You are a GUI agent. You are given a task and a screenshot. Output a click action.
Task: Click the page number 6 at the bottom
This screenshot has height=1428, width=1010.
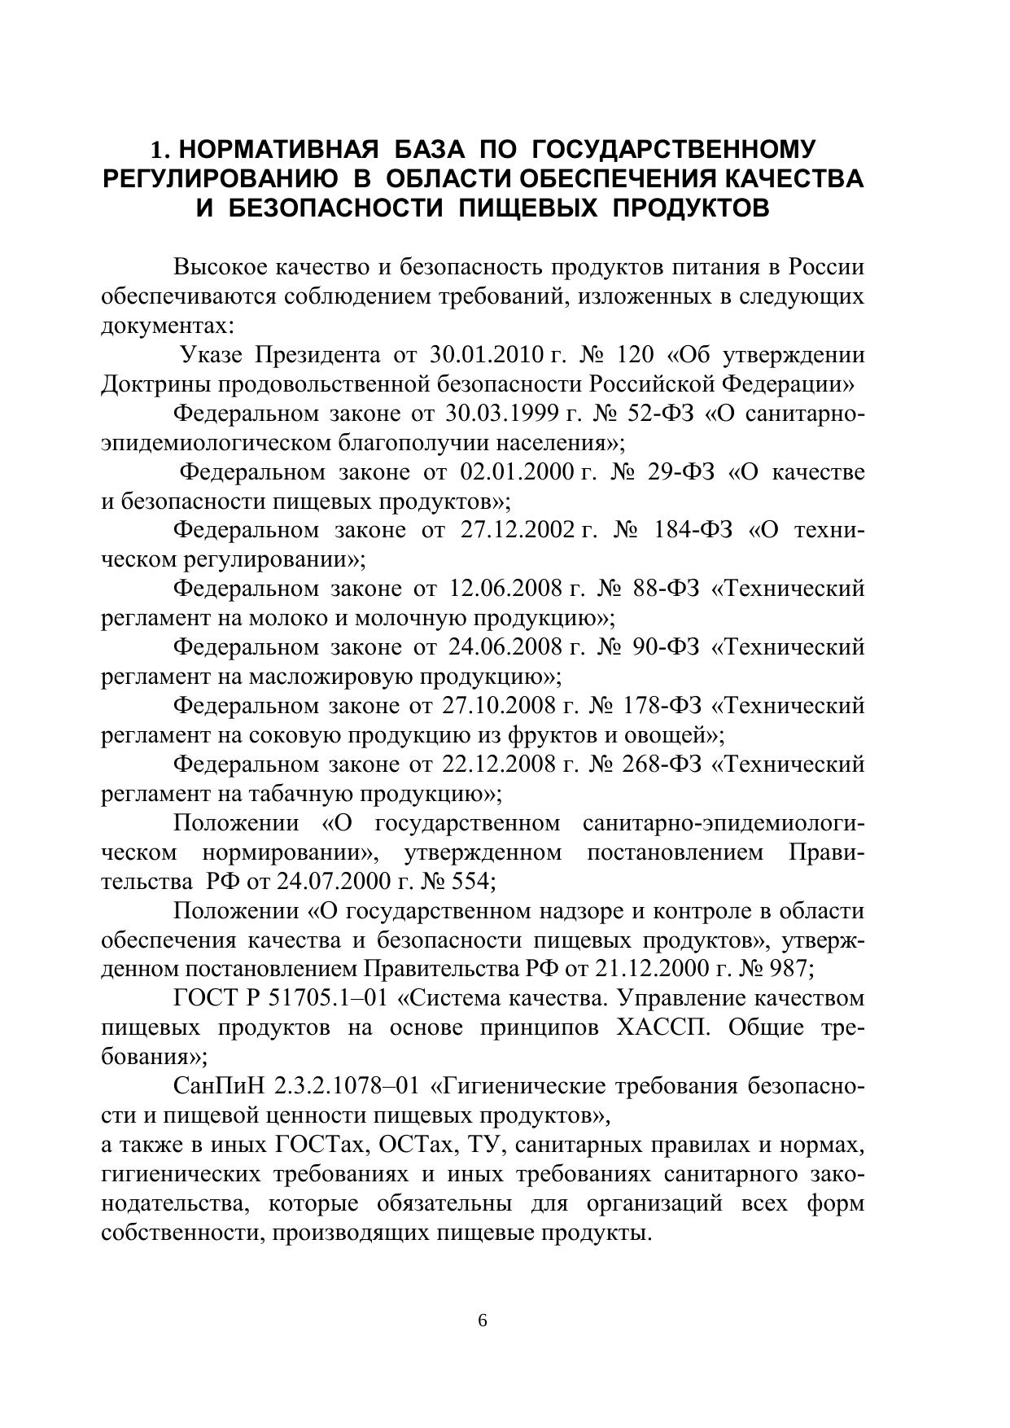483,1321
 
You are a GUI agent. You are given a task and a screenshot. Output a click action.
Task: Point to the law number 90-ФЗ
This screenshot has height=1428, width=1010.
666,647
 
